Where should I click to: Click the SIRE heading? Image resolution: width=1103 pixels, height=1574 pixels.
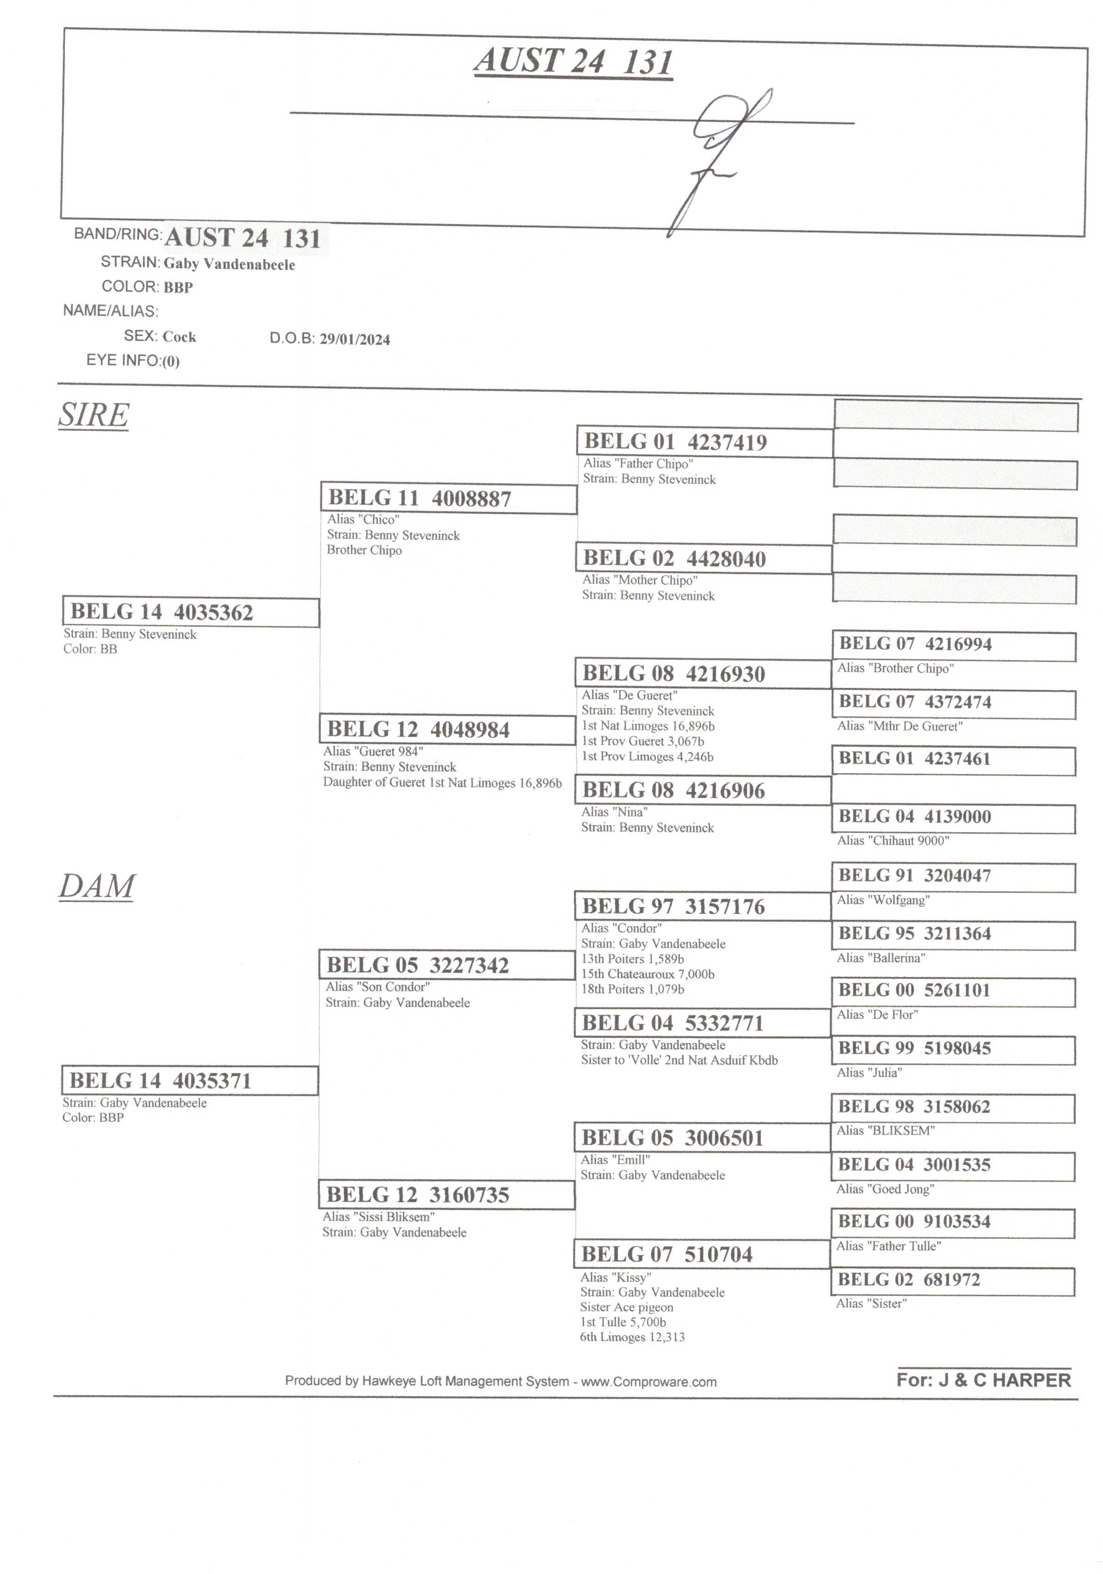(93, 415)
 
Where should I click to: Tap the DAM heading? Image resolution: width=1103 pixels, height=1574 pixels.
(97, 887)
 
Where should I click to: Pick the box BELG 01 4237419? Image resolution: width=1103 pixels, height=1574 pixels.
(705, 442)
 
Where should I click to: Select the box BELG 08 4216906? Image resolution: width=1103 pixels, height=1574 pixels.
(703, 790)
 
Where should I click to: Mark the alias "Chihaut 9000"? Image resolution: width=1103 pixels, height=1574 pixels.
(892, 840)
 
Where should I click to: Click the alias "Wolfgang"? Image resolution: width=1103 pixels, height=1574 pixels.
(883, 900)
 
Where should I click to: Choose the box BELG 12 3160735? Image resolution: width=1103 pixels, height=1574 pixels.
(447, 1195)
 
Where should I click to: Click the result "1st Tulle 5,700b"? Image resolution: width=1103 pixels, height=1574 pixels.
(623, 1323)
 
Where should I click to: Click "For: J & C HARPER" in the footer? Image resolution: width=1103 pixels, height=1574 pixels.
(983, 1380)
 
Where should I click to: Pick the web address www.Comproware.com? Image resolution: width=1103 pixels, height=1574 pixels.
(648, 1382)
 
